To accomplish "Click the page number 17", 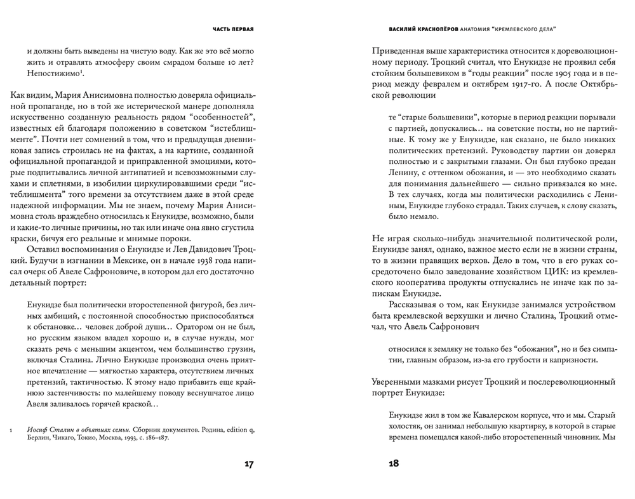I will (248, 463).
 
